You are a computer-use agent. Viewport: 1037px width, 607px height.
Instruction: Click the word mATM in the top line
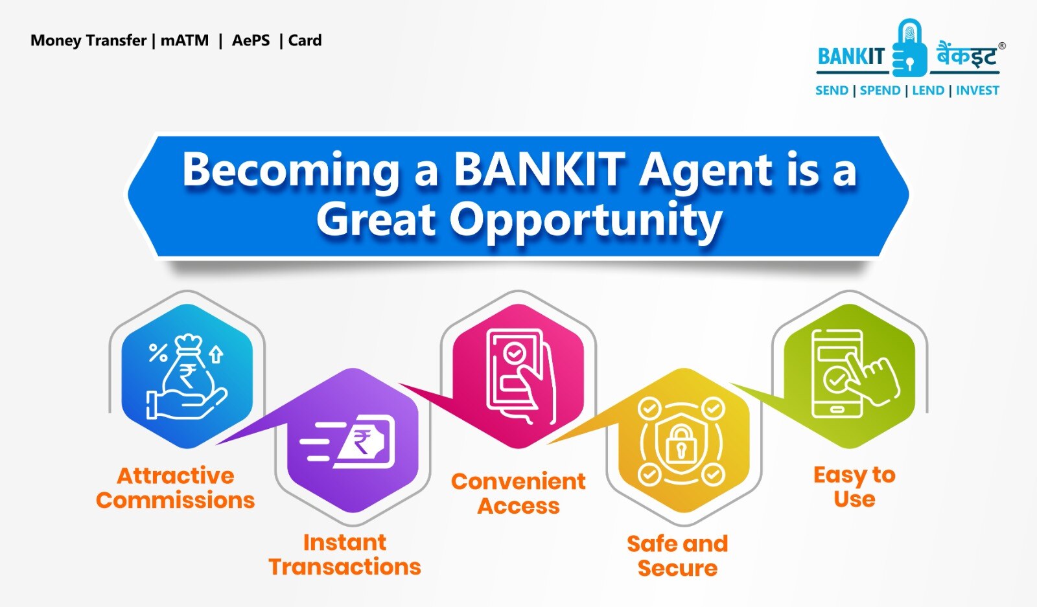coord(185,41)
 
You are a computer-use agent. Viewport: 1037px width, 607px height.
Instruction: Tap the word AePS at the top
coord(251,41)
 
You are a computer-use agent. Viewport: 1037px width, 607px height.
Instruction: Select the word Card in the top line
coord(305,41)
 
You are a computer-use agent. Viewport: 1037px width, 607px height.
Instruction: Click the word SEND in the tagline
coord(832,91)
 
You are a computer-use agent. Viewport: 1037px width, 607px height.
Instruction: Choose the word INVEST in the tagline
coord(977,91)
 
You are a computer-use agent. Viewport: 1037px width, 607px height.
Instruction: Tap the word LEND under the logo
coord(928,91)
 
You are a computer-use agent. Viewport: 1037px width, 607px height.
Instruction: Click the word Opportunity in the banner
coord(585,220)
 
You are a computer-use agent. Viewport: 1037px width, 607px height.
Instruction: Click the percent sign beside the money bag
coord(157,353)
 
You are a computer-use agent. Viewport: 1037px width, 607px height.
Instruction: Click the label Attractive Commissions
coord(175,488)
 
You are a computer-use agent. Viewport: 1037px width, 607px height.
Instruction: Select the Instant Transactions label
coord(345,555)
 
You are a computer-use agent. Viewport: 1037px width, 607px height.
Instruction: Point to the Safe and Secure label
coord(677,556)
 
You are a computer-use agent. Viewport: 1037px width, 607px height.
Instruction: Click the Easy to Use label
coord(854,487)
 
